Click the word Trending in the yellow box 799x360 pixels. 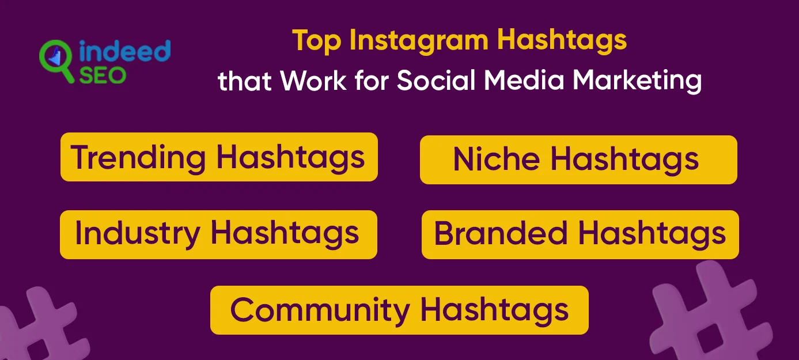coord(138,157)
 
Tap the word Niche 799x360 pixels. coord(495,160)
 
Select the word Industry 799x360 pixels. coord(137,234)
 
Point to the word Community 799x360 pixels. coord(320,310)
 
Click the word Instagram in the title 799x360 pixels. coord(420,41)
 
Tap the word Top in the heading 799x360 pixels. coord(316,41)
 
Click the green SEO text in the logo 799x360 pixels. coord(103,74)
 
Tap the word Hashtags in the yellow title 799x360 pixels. coord(562,41)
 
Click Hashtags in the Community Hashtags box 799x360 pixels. coord(494,310)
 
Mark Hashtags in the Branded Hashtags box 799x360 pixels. coord(652,234)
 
